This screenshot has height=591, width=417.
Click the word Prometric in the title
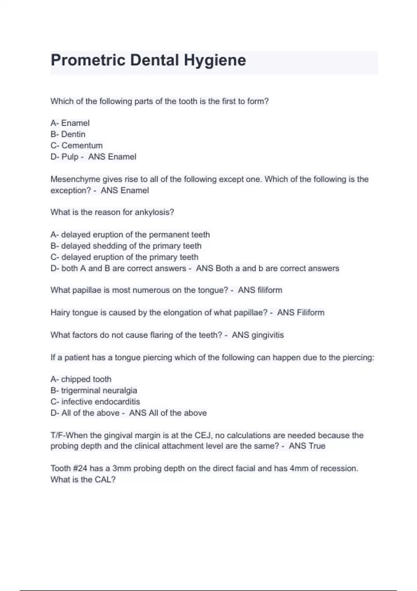(88, 60)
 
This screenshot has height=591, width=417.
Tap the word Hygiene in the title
(215, 60)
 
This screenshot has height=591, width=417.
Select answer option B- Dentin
(68, 134)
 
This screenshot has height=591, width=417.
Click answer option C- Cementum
(76, 145)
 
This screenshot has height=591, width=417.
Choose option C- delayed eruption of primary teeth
(124, 257)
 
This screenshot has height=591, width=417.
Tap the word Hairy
(60, 313)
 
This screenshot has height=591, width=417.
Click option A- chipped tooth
(81, 379)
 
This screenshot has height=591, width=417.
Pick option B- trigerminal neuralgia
(94, 390)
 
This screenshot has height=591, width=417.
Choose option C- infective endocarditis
(95, 402)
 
